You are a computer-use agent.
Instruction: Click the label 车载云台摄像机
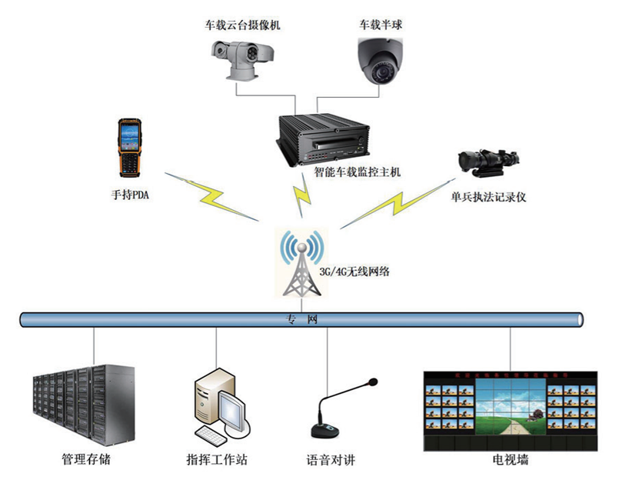click(242, 25)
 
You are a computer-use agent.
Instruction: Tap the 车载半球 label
click(381, 25)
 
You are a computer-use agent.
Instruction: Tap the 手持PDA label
click(130, 195)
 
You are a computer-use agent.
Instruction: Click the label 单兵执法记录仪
click(488, 198)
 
